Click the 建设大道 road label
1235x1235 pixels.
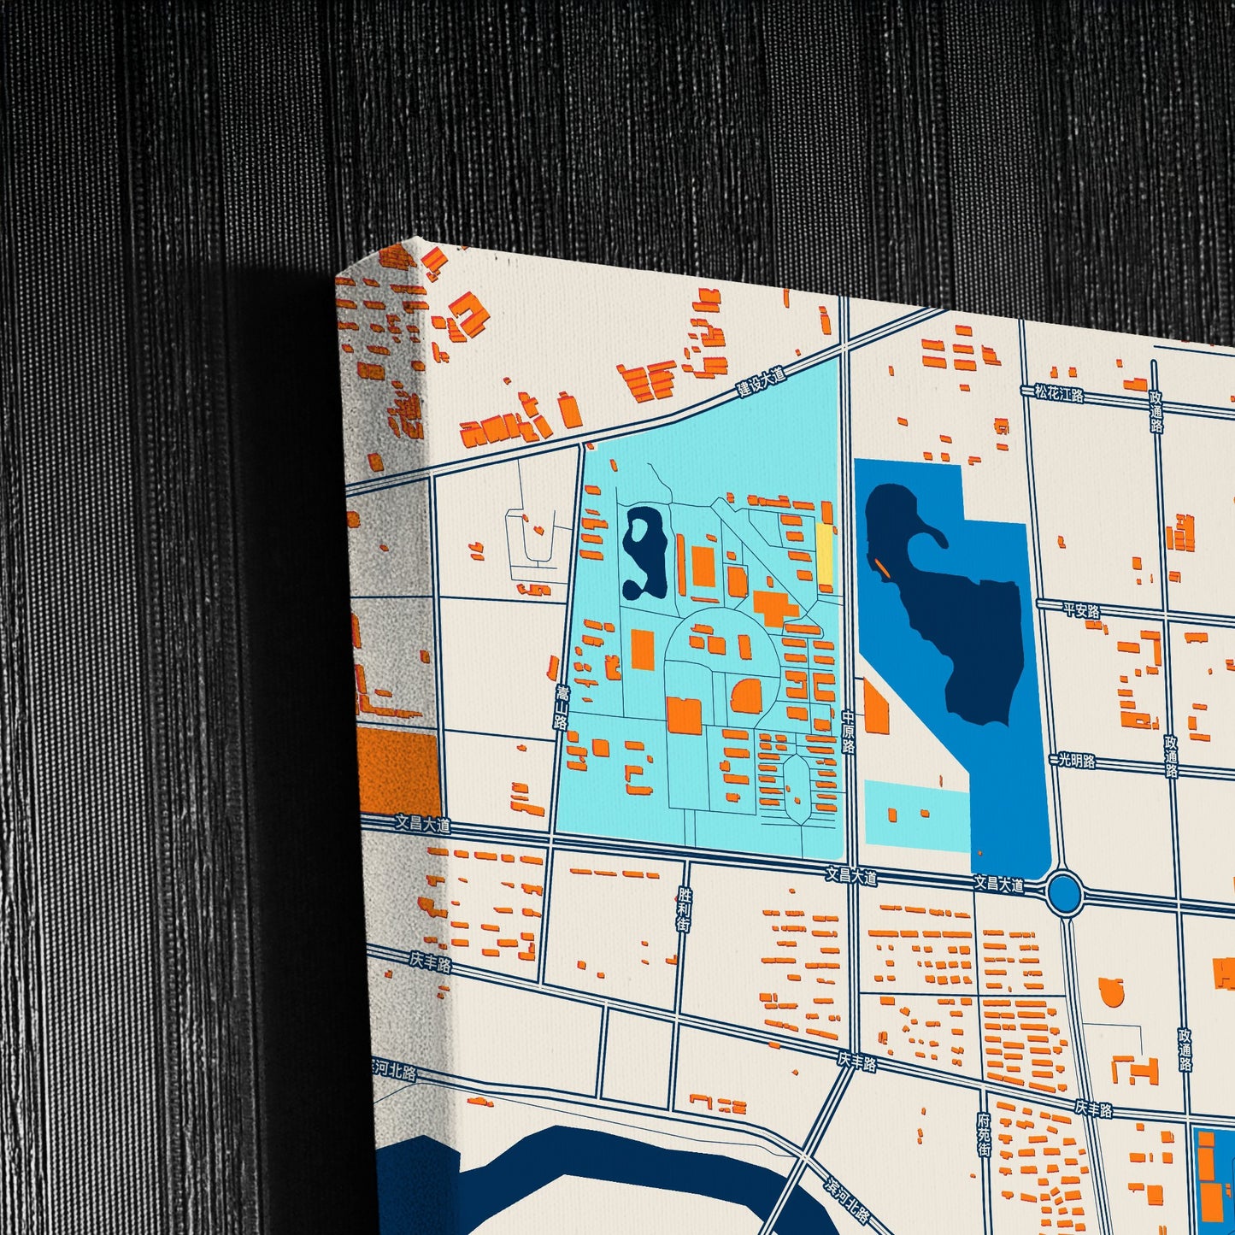click(761, 382)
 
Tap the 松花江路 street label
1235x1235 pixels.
click(1058, 393)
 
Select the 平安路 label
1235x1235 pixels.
click(1081, 610)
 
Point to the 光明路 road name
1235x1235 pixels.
click(1077, 759)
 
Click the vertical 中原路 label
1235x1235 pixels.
click(848, 732)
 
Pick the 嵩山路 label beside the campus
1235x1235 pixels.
click(561, 705)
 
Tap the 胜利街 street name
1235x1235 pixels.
click(683, 909)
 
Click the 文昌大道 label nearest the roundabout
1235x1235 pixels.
click(998, 883)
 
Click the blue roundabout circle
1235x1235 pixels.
click(1065, 892)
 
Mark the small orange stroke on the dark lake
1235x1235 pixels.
click(881, 568)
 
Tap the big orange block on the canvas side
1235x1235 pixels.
click(397, 772)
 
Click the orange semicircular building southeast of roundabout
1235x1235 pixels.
click(1111, 991)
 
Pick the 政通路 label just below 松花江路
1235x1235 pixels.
click(1156, 412)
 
